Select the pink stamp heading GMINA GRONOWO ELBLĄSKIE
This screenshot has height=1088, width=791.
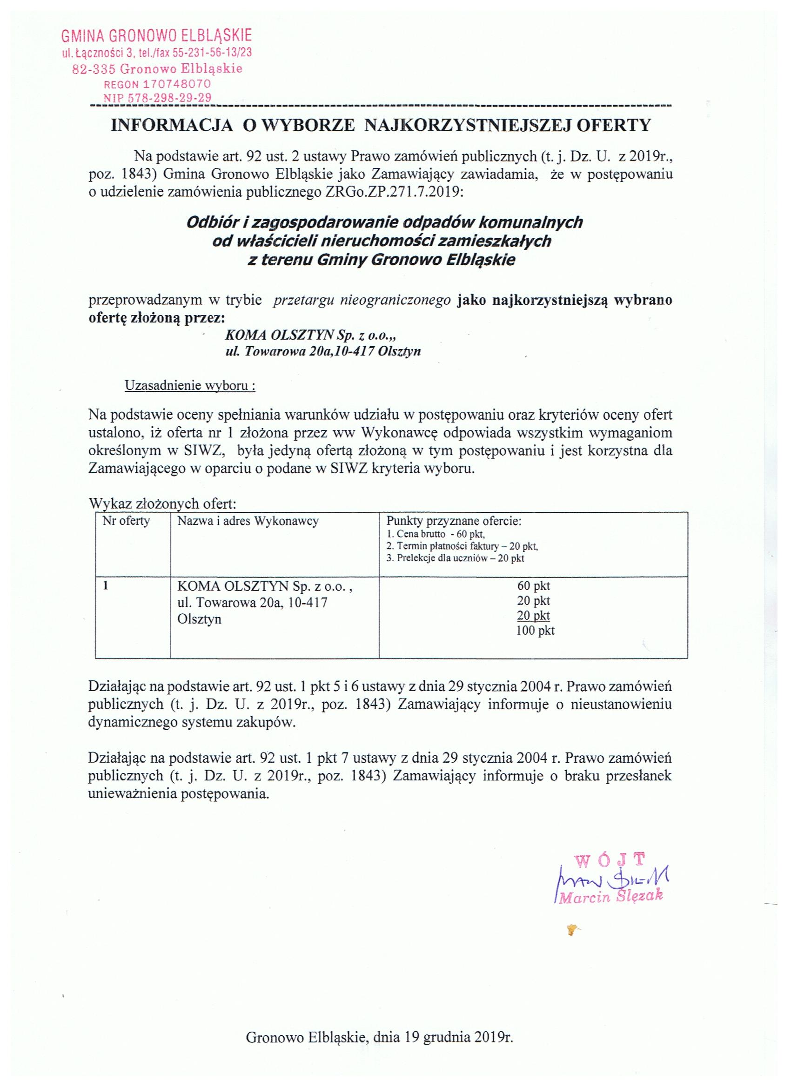pos(156,36)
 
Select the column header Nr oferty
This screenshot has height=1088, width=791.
pos(126,521)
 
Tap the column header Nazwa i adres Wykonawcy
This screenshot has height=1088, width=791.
pos(248,521)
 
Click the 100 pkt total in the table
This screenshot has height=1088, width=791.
pos(535,631)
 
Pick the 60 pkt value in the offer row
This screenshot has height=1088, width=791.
pos(533,586)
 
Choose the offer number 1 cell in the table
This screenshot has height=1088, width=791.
pos(106,586)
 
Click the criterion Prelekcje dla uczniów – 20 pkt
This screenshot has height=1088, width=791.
pos(455,558)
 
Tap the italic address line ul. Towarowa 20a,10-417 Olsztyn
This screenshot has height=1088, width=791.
pos(323,351)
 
